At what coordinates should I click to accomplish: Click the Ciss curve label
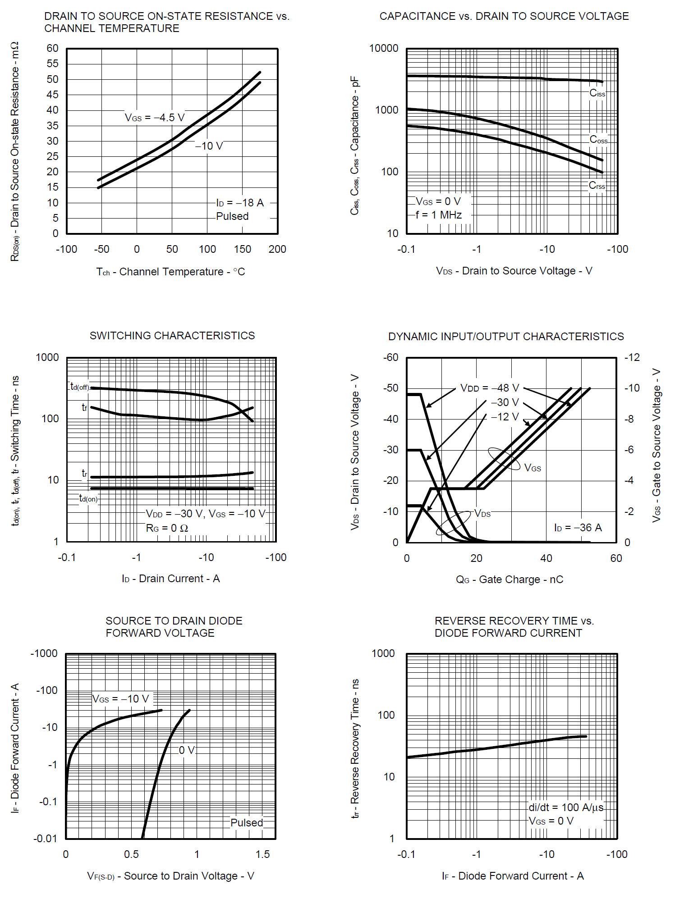coord(597,93)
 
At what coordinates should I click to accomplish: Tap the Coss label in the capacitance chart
coord(598,140)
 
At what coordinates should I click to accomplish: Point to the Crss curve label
coord(597,185)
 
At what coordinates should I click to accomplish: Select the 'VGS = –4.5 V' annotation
coord(155,118)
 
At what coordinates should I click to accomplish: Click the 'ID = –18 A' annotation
coord(240,203)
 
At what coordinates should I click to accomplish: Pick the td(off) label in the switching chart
coord(80,387)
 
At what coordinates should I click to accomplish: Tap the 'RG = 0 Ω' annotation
coord(167,528)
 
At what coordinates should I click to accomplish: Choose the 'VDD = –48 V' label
coord(490,388)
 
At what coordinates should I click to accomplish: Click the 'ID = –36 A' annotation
coord(578,528)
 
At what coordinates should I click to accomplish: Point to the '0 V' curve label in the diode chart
coord(187,750)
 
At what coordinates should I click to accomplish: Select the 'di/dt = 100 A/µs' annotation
coord(566,807)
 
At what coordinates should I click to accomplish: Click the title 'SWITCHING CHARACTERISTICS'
coord(172,336)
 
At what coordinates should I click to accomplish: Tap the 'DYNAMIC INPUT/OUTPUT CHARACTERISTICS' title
coord(506,337)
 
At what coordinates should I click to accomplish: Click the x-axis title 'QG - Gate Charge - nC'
coord(510,579)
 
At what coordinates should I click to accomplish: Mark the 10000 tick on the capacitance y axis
coord(384,48)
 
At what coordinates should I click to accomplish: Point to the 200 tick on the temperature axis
coord(277,249)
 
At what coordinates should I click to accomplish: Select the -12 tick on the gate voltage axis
coord(632,357)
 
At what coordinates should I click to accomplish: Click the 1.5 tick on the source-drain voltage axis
coord(262,854)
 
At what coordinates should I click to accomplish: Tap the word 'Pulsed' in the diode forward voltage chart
coord(247,823)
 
